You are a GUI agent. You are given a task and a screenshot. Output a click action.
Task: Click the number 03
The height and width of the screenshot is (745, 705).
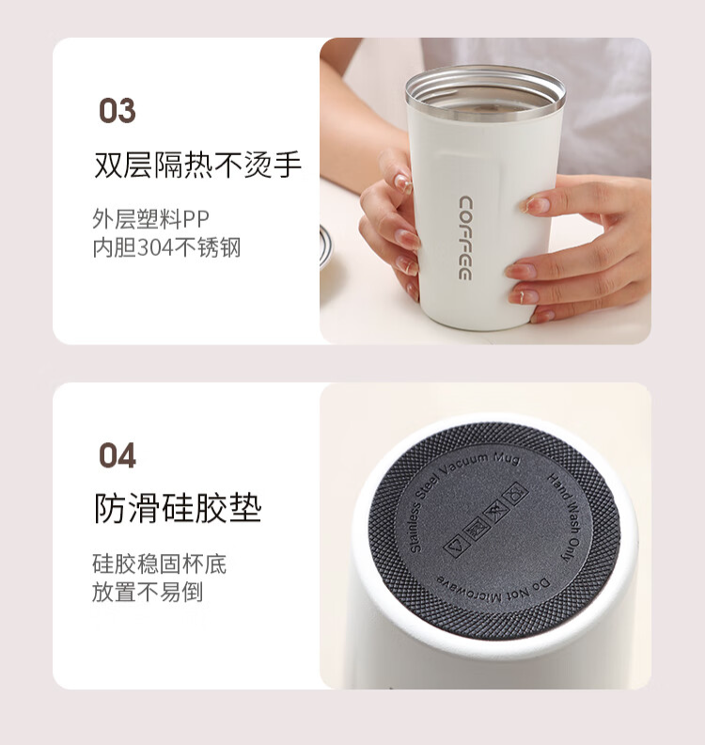[117, 110]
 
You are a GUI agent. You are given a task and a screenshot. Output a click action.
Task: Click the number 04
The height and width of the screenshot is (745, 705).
[117, 455]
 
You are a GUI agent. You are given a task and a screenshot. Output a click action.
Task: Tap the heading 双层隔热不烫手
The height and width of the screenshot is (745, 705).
[197, 165]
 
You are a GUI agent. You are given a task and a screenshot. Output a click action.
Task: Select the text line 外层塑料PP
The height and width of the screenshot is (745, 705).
[150, 219]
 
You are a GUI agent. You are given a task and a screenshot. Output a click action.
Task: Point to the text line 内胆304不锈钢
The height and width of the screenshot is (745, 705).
[166, 247]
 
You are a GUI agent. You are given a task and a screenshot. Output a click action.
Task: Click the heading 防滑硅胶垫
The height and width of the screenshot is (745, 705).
[178, 508]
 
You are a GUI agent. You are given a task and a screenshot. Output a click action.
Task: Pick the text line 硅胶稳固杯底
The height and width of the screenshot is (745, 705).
[160, 564]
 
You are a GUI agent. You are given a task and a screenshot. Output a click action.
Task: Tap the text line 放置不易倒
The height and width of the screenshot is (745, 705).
[148, 592]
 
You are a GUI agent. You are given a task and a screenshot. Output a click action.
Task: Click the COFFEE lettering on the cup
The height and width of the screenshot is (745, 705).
[464, 238]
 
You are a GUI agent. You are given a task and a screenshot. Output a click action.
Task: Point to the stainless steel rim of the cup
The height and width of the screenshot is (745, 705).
[485, 91]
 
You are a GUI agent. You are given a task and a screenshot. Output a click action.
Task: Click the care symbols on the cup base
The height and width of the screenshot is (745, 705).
[485, 520]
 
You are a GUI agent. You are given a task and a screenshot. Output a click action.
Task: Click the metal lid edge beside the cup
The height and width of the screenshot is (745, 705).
[325, 247]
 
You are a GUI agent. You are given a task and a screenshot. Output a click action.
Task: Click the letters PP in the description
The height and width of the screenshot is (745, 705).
[196, 219]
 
